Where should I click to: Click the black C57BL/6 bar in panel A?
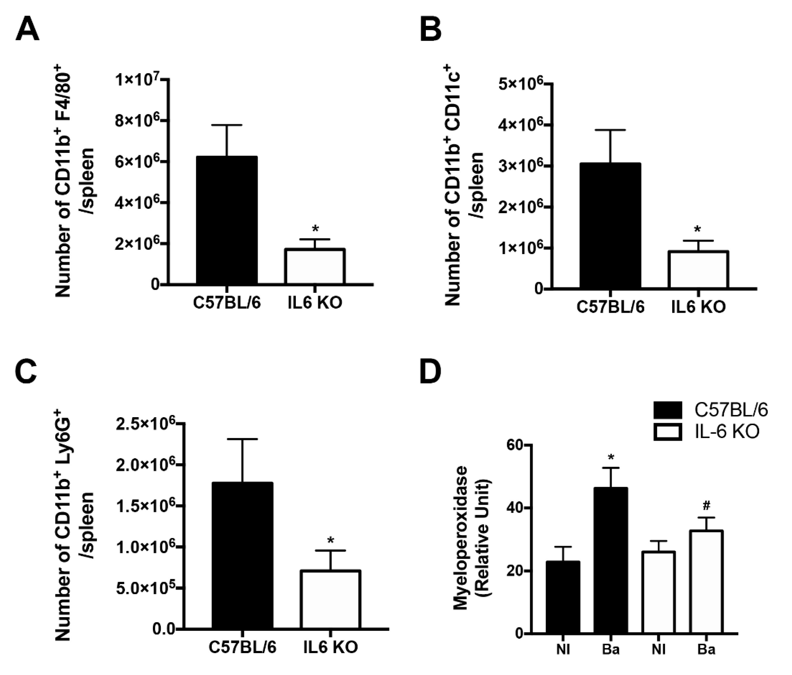227,220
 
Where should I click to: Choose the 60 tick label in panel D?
514,446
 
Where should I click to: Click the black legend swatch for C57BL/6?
668,410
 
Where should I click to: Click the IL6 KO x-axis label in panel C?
331,647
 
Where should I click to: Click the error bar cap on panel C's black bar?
242,439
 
